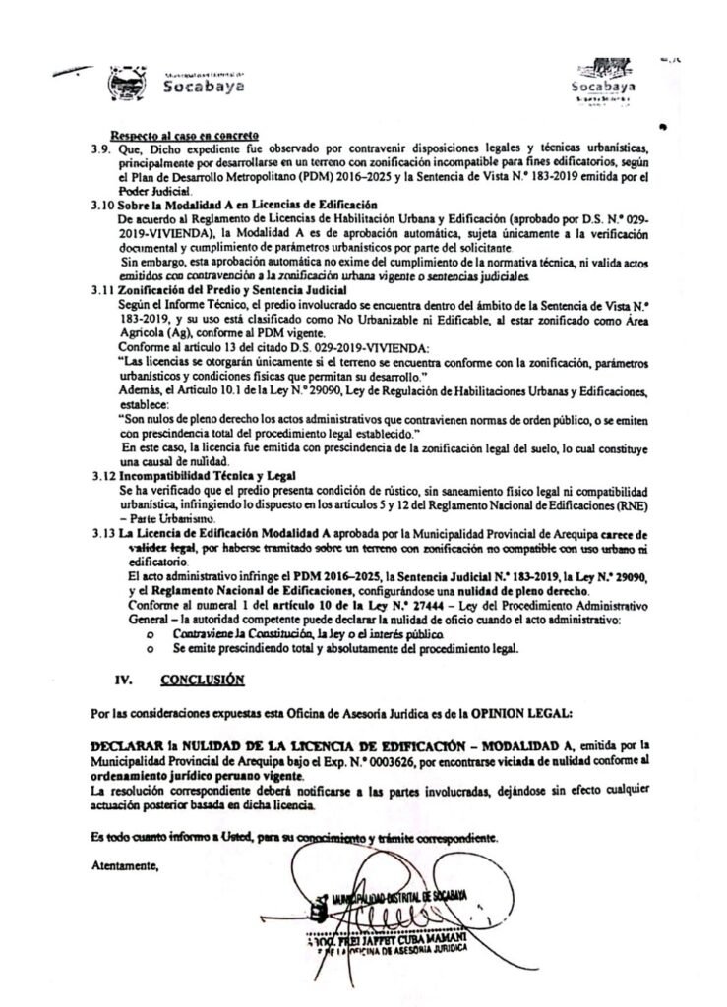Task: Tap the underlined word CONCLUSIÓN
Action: click(x=203, y=679)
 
